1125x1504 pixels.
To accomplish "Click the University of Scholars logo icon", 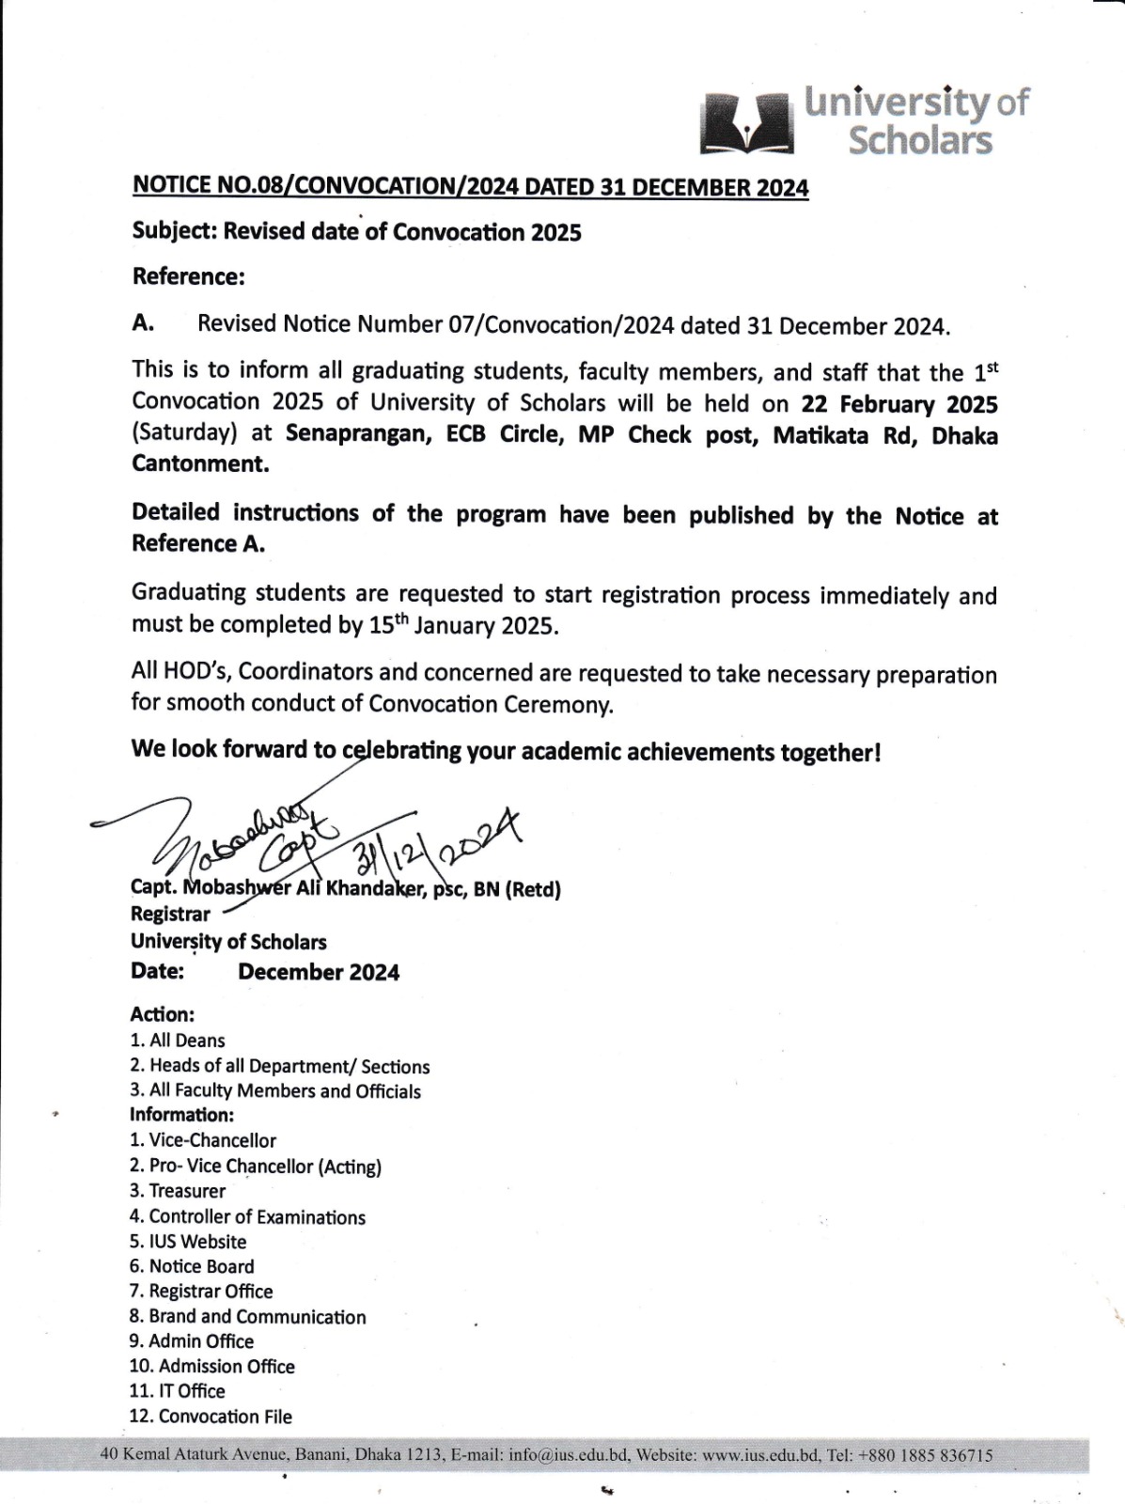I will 747,123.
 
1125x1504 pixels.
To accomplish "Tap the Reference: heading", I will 188,276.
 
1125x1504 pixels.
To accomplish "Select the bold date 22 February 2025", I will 899,404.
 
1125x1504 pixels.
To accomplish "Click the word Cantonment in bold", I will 198,464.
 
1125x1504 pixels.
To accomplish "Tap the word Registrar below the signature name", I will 170,914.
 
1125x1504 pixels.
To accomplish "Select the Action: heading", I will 162,1014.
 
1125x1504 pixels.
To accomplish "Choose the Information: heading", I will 181,1115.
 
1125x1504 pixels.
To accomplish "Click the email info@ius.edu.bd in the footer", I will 569,1455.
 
